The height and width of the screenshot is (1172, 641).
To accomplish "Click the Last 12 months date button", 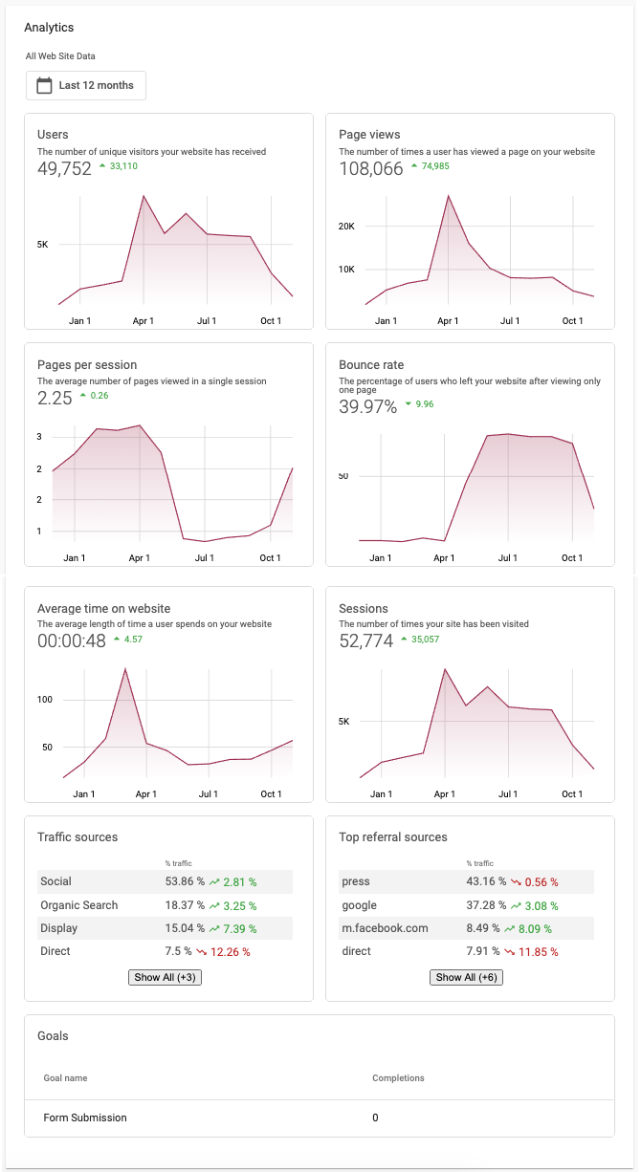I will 86,85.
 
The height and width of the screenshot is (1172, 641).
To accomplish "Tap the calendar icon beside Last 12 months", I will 44,86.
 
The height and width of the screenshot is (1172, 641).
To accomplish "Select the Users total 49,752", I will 64,169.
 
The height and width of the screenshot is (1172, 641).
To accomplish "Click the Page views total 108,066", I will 371,169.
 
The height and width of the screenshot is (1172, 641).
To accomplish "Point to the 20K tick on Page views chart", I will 346,227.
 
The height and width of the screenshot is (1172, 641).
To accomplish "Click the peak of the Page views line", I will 448,196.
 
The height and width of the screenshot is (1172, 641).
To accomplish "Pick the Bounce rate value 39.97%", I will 367,407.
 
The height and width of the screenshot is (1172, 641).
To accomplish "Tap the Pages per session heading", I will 87,365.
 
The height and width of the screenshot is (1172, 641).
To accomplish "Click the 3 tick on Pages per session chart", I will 39,437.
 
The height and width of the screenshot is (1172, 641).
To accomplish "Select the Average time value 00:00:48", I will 72,641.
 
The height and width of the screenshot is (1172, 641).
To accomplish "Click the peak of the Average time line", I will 125,669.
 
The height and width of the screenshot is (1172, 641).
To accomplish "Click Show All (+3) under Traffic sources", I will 165,977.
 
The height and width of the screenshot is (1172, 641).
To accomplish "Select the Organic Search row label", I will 79,905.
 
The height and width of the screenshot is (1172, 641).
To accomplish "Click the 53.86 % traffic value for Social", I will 185,881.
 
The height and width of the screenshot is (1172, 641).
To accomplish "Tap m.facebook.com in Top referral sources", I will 385,928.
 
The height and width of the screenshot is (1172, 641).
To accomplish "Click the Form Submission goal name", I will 85,1118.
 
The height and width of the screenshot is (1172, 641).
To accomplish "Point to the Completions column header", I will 398,1078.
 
